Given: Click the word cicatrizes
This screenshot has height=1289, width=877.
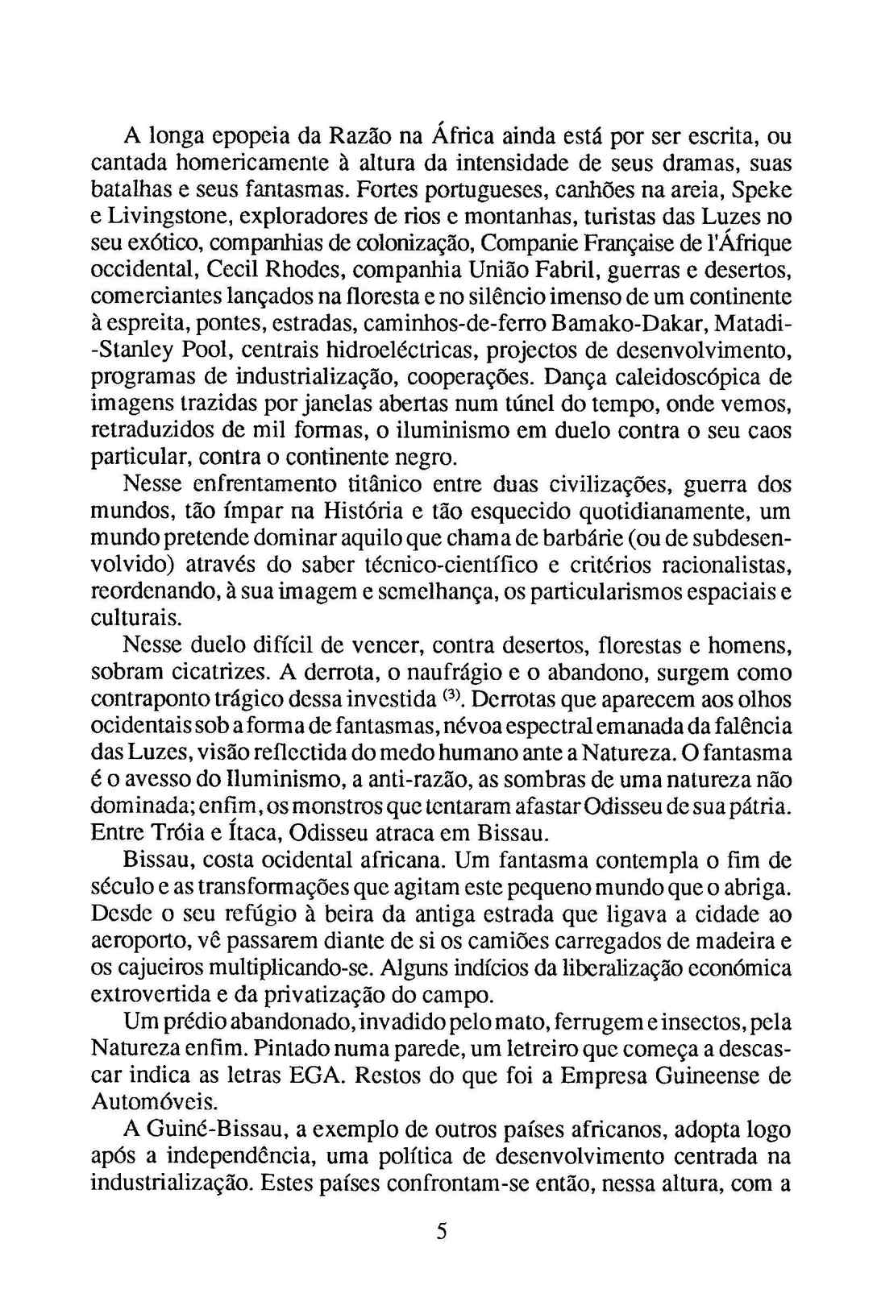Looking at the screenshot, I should (217, 673).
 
